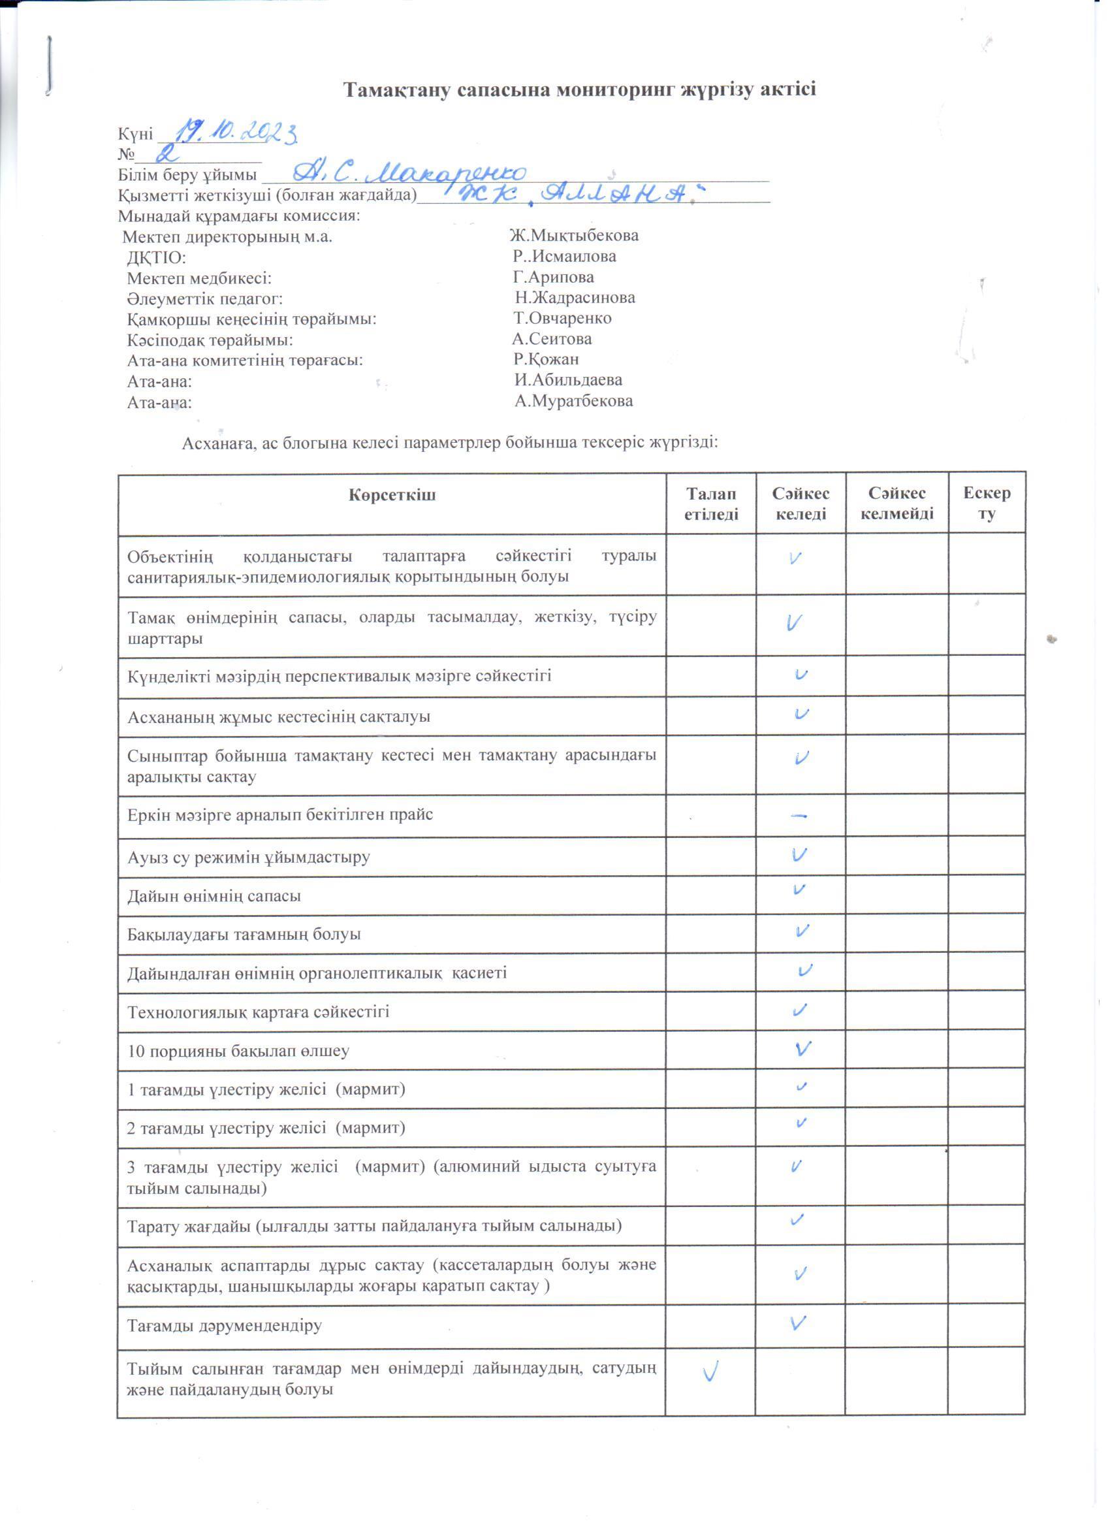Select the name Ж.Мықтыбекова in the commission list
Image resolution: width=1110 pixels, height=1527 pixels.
pyautogui.click(x=573, y=236)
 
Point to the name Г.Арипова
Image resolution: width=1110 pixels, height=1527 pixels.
pyautogui.click(x=553, y=278)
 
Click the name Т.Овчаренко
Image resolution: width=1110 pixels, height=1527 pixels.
pyautogui.click(x=562, y=319)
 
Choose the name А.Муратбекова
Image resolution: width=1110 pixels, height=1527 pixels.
pyautogui.click(x=573, y=401)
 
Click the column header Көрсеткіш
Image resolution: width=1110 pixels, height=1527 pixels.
pyautogui.click(x=392, y=496)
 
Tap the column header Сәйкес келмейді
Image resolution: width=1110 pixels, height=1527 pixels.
pyautogui.click(x=896, y=504)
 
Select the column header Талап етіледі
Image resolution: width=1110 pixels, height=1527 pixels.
pyautogui.click(x=711, y=504)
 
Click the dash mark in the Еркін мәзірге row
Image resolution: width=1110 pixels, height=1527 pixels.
pyautogui.click(x=800, y=816)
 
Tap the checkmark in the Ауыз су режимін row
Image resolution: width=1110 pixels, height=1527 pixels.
pyautogui.click(x=800, y=855)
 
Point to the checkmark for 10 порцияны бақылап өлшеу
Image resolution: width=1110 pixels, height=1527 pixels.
pyautogui.click(x=802, y=1048)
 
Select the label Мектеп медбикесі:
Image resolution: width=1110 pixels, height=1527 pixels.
pyautogui.click(x=200, y=278)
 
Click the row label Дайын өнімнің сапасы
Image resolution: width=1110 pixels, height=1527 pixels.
pyautogui.click(x=214, y=896)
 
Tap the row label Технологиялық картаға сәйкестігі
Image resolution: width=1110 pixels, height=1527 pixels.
pyautogui.click(x=259, y=1012)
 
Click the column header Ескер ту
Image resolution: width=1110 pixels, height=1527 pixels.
pyautogui.click(x=986, y=504)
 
